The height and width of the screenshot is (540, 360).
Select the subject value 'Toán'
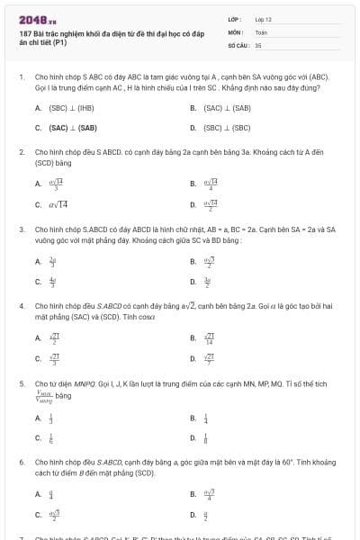tap(261, 31)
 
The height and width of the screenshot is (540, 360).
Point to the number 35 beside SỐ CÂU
tap(258, 44)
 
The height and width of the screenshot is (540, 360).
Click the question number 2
tap(22, 152)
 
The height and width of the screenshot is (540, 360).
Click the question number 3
tap(22, 229)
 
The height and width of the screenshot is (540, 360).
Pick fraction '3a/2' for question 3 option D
tap(207, 282)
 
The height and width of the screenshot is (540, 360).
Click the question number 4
tap(22, 306)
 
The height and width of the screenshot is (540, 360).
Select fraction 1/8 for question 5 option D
tap(206, 438)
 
